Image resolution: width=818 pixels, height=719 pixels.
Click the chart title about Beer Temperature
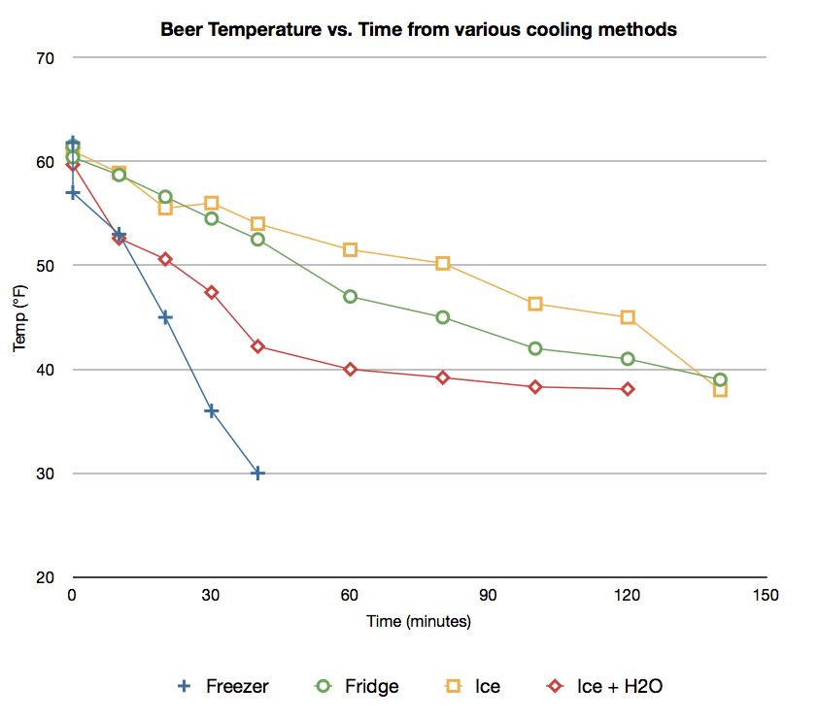click(x=418, y=30)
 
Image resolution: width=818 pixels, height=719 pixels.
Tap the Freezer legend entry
click(x=224, y=687)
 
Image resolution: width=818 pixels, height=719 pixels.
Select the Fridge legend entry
click(x=358, y=687)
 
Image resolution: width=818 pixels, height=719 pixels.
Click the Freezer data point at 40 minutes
click(x=257, y=474)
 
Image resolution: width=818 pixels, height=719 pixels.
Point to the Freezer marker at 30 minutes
click(x=211, y=411)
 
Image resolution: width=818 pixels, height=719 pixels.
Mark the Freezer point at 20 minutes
click(x=165, y=317)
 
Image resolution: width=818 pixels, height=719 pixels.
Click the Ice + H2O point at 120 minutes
click(x=628, y=389)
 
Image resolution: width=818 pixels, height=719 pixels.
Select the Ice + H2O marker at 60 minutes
click(x=350, y=370)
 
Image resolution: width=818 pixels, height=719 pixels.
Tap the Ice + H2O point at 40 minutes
click(x=257, y=346)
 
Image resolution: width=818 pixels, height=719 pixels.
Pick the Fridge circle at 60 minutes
click(x=350, y=297)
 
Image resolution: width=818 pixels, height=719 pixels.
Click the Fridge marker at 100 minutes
click(x=535, y=348)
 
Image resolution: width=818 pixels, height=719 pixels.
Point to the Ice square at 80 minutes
click(x=443, y=263)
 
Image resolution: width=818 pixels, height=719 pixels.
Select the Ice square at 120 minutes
click(x=628, y=317)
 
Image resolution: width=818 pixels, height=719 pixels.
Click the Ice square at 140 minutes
click(x=720, y=390)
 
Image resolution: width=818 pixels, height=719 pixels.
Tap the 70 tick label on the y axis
click(x=46, y=58)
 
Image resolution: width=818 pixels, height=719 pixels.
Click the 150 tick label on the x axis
click(x=767, y=595)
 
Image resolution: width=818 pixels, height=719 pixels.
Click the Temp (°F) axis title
click(x=20, y=317)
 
